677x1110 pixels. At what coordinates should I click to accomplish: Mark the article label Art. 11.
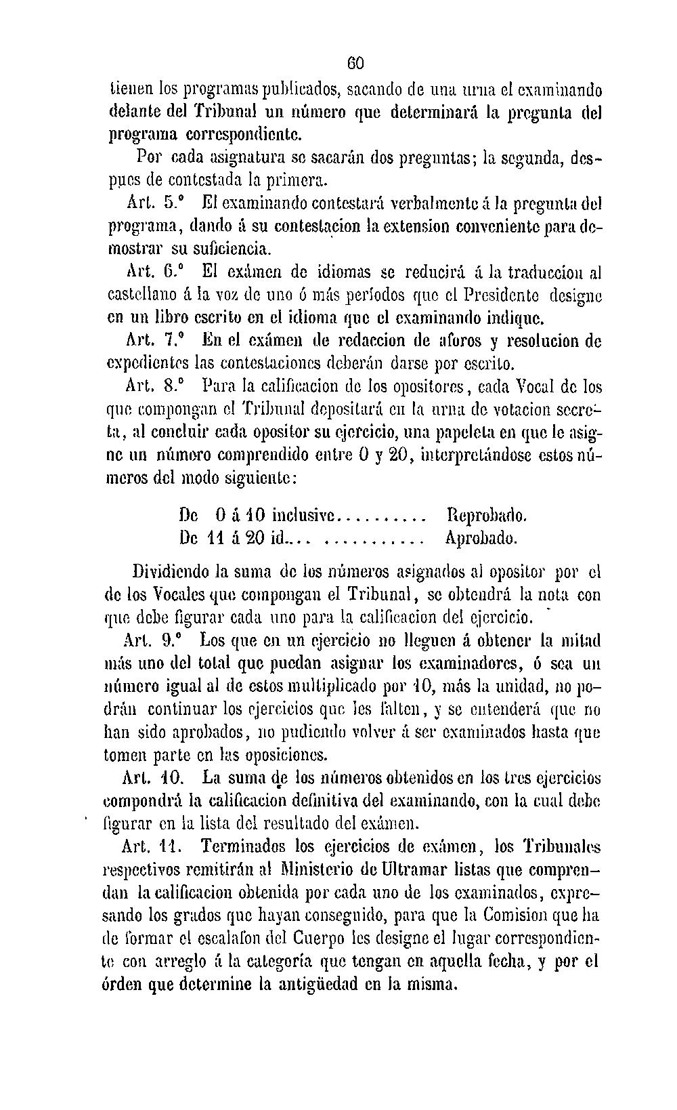pos(150,848)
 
